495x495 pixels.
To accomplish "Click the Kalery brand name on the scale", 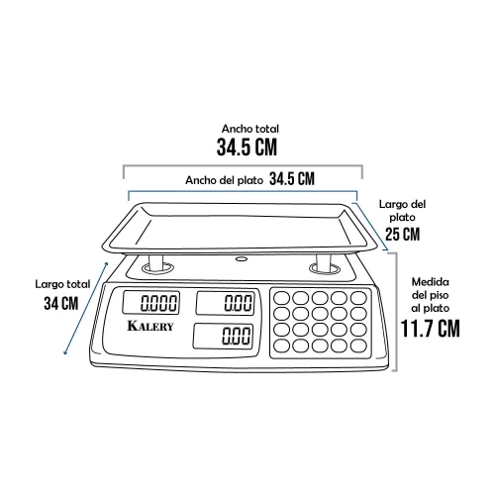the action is [x=150, y=326].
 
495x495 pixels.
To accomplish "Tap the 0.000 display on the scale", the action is [x=151, y=303].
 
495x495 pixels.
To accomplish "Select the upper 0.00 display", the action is [x=226, y=303].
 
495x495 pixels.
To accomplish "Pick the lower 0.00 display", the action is [x=223, y=336].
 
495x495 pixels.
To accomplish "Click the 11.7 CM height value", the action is [x=430, y=329].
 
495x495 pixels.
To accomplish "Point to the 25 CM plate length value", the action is [x=403, y=235].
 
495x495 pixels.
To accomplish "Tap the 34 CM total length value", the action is [x=61, y=303].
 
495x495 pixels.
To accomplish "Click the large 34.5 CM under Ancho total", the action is [x=247, y=147].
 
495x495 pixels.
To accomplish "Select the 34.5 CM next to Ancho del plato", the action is [x=292, y=179].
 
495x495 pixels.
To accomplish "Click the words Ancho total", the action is [x=250, y=129].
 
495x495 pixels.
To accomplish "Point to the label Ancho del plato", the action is [x=224, y=180].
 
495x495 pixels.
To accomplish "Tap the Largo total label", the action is [x=62, y=284].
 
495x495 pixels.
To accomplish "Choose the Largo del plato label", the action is [x=402, y=211].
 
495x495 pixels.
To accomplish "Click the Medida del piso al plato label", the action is [x=431, y=295].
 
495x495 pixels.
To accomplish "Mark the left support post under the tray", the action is [x=156, y=262].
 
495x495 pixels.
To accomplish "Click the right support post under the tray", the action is [x=323, y=262].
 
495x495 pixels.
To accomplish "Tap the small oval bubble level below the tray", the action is [x=242, y=259].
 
